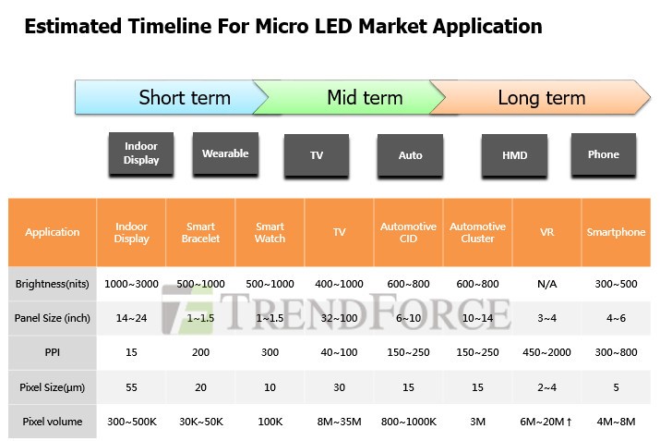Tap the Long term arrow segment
pyautogui.click(x=541, y=97)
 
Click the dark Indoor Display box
pyautogui.click(x=141, y=153)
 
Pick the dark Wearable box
pyautogui.click(x=225, y=153)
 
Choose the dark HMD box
pyautogui.click(x=514, y=154)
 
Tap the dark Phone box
pyautogui.click(x=604, y=154)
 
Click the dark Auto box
pyautogui.click(x=410, y=154)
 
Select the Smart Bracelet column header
pyautogui.click(x=201, y=232)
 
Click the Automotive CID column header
pyautogui.click(x=409, y=232)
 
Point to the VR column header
pyautogui.click(x=547, y=232)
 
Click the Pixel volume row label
pyautogui.click(x=53, y=422)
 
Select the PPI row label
pyautogui.click(x=53, y=353)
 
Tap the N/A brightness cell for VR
pyautogui.click(x=547, y=284)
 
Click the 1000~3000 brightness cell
pyautogui.click(x=132, y=284)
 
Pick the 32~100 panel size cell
pyautogui.click(x=340, y=318)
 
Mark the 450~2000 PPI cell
pyautogui.click(x=547, y=353)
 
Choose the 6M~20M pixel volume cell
pyautogui.click(x=547, y=422)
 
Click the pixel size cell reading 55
pyautogui.click(x=132, y=387)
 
